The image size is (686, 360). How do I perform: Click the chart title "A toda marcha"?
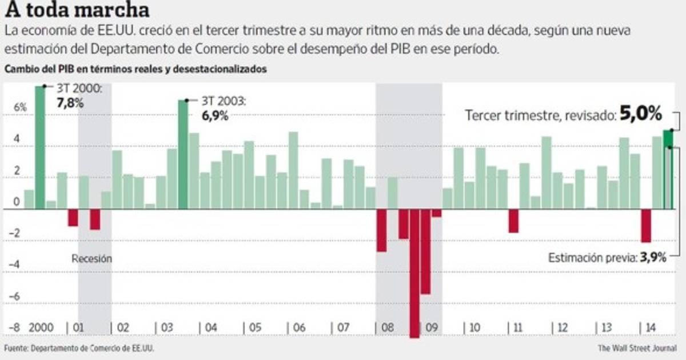tap(77, 10)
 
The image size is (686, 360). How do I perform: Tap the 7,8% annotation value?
tap(70, 103)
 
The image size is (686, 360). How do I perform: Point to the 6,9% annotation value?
tap(214, 116)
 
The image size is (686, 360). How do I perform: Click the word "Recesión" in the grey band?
tap(91, 258)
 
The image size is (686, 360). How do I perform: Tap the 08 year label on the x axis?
tap(387, 329)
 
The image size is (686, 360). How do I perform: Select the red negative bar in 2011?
tap(513, 221)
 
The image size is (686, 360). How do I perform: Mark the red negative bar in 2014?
tap(646, 226)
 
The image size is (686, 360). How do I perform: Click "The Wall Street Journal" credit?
tap(637, 347)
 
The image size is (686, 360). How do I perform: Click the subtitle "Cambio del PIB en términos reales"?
tap(135, 70)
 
